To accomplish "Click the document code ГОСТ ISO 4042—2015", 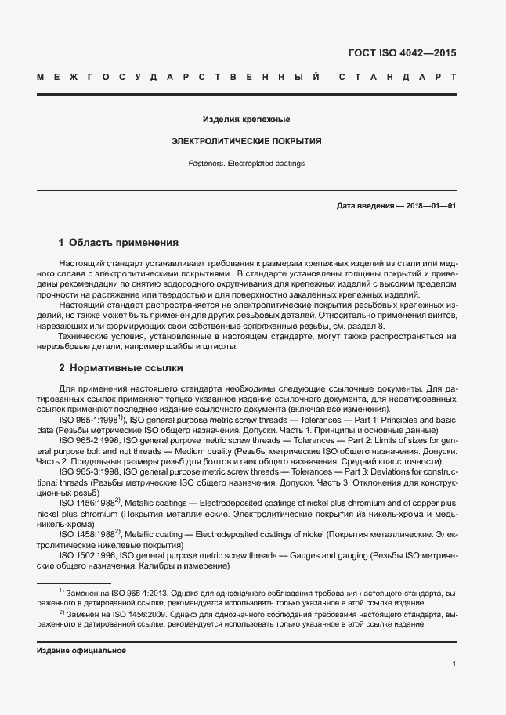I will (x=401, y=54).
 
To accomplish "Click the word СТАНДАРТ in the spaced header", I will (x=397, y=78).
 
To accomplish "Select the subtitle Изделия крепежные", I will (x=247, y=120).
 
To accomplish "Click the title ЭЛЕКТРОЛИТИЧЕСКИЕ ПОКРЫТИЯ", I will (x=246, y=142).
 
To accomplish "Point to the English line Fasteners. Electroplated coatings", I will (x=246, y=164).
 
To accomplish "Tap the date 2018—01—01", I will (x=430, y=206).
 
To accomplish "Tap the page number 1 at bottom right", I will (x=454, y=664).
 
